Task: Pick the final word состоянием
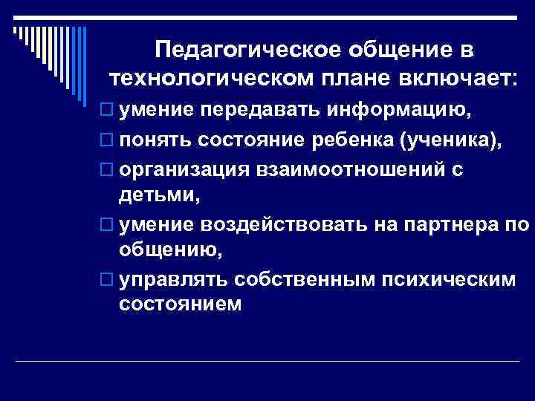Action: tap(180, 304)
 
